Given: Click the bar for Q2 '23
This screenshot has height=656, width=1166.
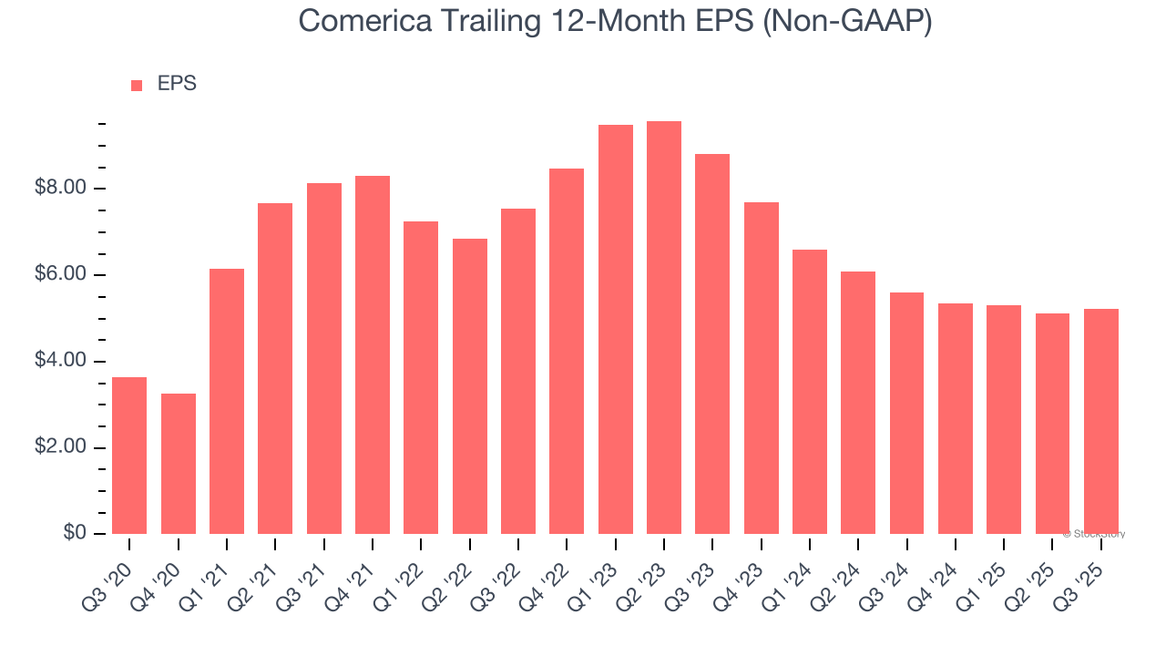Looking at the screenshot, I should coord(664,328).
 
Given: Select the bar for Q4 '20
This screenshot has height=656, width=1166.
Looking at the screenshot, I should coord(179,464).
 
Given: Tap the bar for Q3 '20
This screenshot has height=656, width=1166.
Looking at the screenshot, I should coord(129,456).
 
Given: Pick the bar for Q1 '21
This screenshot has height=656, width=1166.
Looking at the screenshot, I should coord(227,401).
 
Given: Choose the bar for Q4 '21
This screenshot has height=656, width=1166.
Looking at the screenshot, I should coord(373,355).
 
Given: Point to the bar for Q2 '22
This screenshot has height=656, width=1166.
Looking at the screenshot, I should coord(470,386).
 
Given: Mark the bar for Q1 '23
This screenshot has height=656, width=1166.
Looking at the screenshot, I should coord(616,330).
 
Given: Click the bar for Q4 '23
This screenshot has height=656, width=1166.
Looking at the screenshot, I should coord(762,368).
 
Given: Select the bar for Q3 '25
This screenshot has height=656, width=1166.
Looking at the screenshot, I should coord(1101,421).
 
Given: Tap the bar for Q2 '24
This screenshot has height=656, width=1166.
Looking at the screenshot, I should coord(858,403).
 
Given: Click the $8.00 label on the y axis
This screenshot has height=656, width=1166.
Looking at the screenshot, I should coord(60,189).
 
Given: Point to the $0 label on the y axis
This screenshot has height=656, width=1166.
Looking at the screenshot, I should coord(76,534).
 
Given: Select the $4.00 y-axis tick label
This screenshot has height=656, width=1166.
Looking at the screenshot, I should coord(60,362).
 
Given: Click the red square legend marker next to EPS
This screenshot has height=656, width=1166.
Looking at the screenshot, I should coord(137,85).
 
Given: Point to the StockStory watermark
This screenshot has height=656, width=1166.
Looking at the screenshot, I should coord(1094,534).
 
